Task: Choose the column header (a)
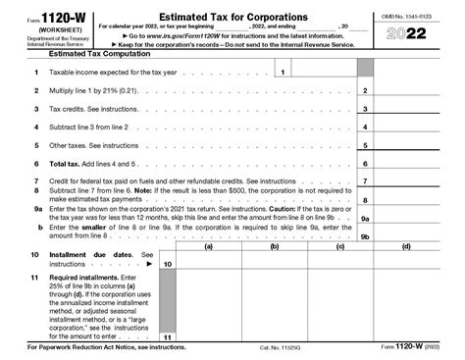208,247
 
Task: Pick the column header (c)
339,247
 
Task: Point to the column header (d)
406,247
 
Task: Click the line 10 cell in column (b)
274,260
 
